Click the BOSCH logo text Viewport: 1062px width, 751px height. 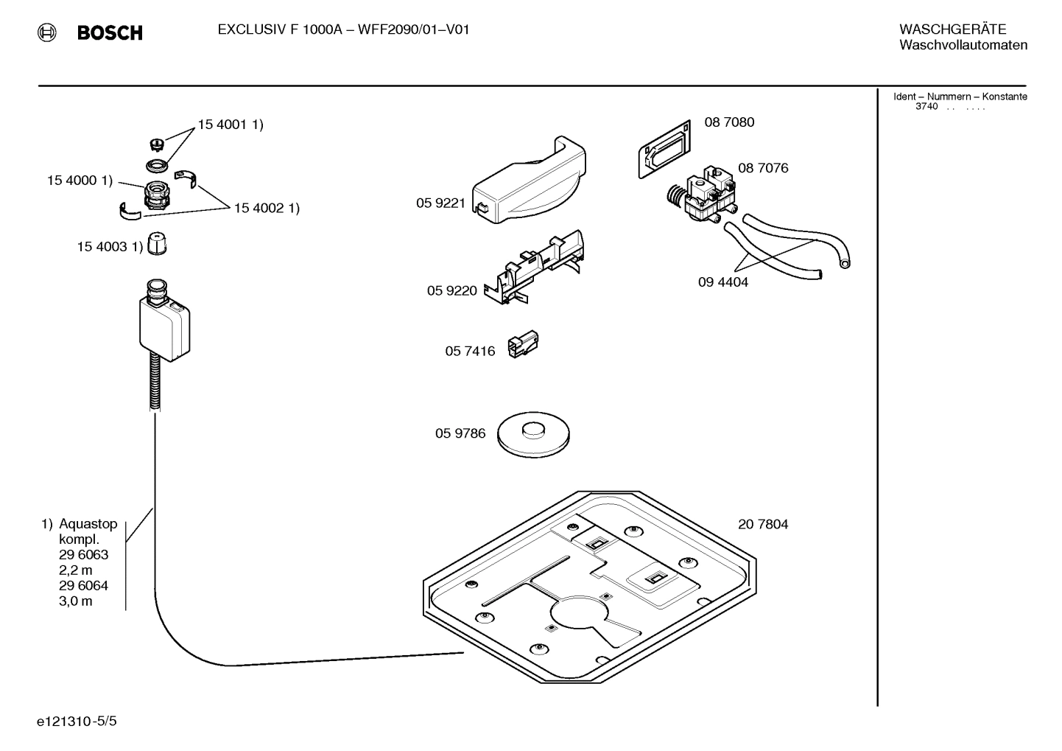pyautogui.click(x=110, y=33)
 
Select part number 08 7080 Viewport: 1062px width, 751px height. pyautogui.click(x=729, y=122)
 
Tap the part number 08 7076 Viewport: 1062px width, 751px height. pyautogui.click(x=763, y=168)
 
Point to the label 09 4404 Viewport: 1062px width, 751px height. pyautogui.click(x=722, y=282)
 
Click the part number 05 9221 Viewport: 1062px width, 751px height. pyautogui.click(x=440, y=203)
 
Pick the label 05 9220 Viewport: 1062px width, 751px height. pyautogui.click(x=451, y=291)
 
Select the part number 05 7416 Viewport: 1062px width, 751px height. pyautogui.click(x=470, y=352)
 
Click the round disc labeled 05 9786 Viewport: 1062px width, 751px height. pyautogui.click(x=533, y=433)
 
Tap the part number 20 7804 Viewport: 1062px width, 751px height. pyautogui.click(x=763, y=525)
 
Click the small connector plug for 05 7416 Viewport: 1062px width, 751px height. pyautogui.click(x=524, y=344)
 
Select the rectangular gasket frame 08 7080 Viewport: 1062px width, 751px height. pyautogui.click(x=664, y=150)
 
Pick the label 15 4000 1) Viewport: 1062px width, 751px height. pyautogui.click(x=80, y=181)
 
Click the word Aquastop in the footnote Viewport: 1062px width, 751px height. pyautogui.click(x=88, y=524)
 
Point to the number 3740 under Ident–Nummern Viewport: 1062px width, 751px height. pyautogui.click(x=926, y=107)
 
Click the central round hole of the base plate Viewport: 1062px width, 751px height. pyautogui.click(x=578, y=611)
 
